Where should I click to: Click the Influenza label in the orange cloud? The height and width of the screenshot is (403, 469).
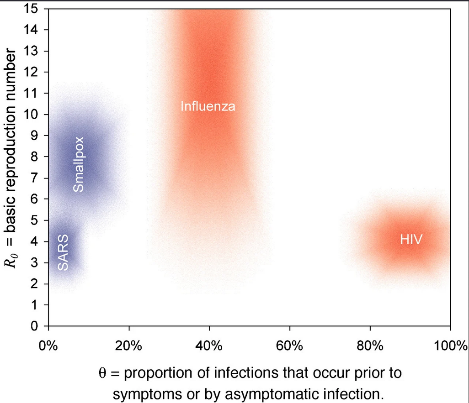click(x=208, y=107)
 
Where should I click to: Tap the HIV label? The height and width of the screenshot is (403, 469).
click(x=411, y=239)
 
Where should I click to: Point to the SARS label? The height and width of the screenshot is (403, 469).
click(x=64, y=252)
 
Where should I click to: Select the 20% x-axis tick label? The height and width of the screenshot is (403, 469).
click(x=129, y=345)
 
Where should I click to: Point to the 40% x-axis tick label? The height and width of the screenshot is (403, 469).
click(x=209, y=345)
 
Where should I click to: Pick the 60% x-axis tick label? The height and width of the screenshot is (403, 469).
click(x=290, y=345)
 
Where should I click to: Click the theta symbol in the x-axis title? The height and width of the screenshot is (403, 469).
click(x=102, y=373)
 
